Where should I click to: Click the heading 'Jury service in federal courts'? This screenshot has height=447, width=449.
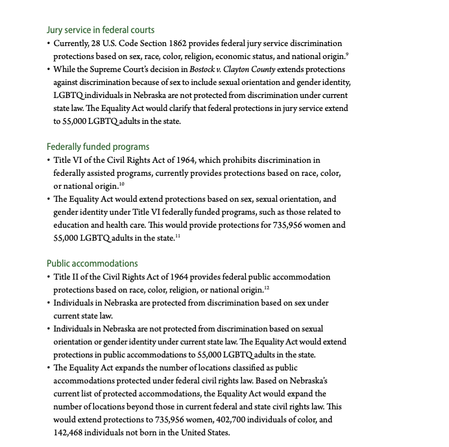pos(100,30)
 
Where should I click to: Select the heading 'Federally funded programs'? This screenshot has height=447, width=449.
pos(98,147)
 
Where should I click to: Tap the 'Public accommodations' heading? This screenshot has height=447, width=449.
pos(92,263)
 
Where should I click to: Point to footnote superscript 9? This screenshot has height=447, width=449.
pos(347,54)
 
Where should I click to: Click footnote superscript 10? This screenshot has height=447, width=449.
pos(122,184)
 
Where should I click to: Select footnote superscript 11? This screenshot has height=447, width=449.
pos(178,236)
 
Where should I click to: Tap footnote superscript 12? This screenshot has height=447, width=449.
pos(267,288)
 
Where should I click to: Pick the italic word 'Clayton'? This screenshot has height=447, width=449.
pos(242,69)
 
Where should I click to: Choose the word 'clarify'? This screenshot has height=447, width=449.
pos(200,108)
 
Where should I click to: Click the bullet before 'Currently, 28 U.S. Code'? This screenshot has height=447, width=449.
pos(49,43)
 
